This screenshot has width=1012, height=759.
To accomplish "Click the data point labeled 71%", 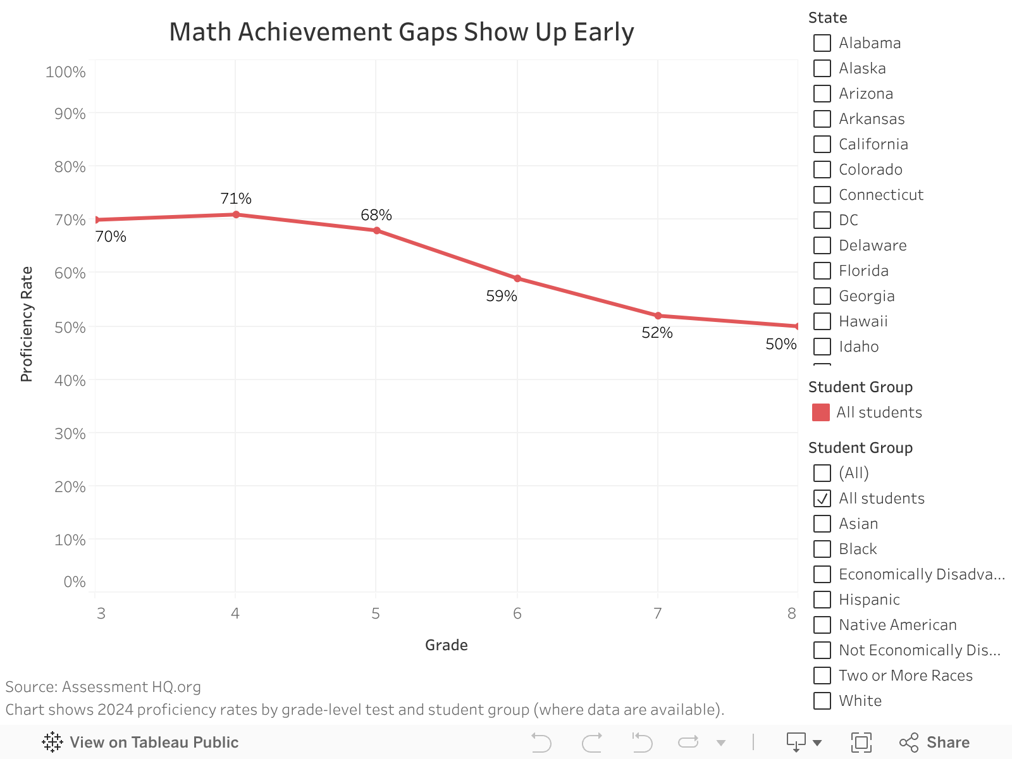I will pyautogui.click(x=236, y=214).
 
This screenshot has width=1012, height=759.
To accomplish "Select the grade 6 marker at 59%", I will pyautogui.click(x=517, y=278).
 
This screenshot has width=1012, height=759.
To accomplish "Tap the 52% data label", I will pyautogui.click(x=657, y=333).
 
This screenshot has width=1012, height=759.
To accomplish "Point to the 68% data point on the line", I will pyautogui.click(x=377, y=230).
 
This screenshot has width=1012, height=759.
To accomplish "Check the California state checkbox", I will pyautogui.click(x=822, y=144).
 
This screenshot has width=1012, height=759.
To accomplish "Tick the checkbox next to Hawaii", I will pyautogui.click(x=822, y=321).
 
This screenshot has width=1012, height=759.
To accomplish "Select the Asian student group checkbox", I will pyautogui.click(x=822, y=524).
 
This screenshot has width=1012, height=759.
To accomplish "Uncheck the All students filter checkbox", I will pyautogui.click(x=822, y=498).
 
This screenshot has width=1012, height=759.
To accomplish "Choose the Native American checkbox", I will pyautogui.click(x=822, y=625).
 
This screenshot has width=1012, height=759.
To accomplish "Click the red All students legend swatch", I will pyautogui.click(x=821, y=412).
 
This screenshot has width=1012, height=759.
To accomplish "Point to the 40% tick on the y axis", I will pyautogui.click(x=70, y=381).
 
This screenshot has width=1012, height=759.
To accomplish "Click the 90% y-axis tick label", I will pyautogui.click(x=70, y=114).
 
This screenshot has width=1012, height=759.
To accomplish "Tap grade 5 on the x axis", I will pyautogui.click(x=376, y=614).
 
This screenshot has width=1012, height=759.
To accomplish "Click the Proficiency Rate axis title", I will pyautogui.click(x=27, y=324).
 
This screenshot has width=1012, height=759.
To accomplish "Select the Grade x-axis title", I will pyautogui.click(x=447, y=645).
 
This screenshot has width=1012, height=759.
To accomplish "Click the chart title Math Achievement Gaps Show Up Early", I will pyautogui.click(x=401, y=32).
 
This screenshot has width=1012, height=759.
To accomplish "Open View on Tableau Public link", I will pyautogui.click(x=140, y=742).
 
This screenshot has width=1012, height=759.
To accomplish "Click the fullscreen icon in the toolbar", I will pyautogui.click(x=861, y=742).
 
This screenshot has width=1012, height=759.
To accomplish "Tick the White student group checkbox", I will pyautogui.click(x=822, y=701).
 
